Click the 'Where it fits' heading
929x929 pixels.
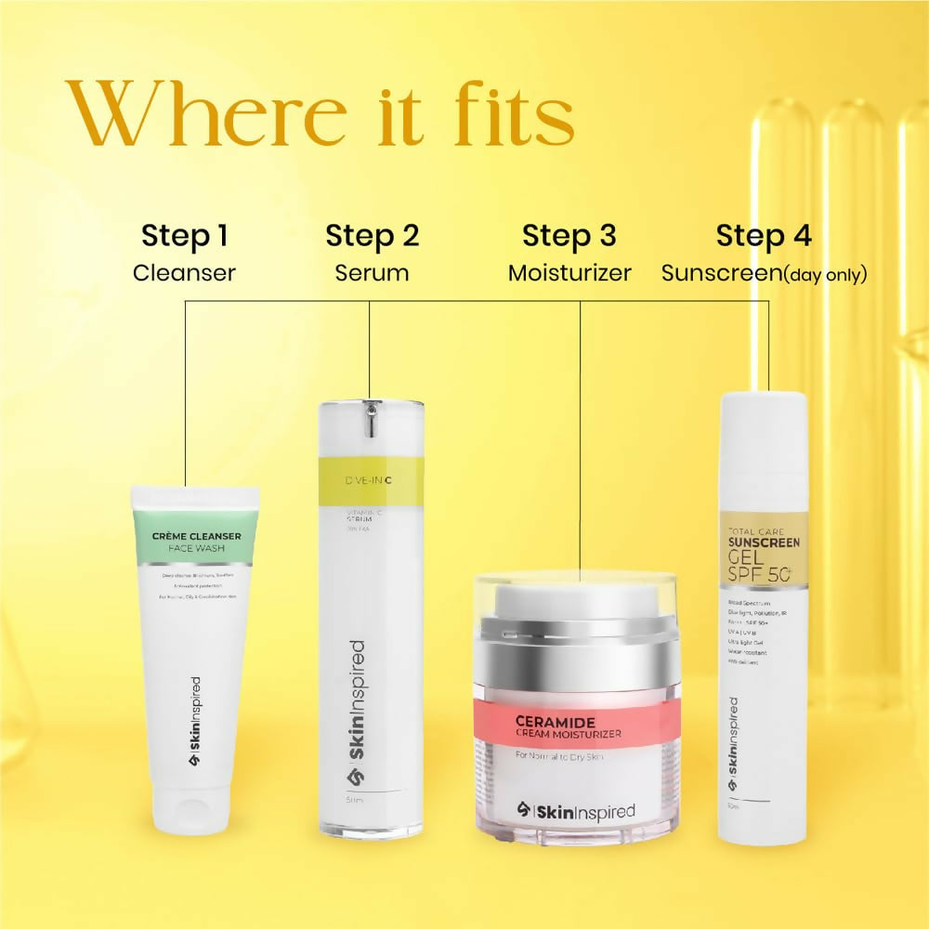(x=319, y=113)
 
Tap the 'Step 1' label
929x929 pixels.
(x=184, y=236)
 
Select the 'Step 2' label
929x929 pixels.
(x=372, y=236)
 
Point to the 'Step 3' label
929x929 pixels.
(x=569, y=236)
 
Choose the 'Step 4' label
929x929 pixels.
(x=764, y=236)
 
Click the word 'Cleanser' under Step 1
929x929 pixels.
(x=184, y=273)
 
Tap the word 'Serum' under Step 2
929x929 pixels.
(x=372, y=273)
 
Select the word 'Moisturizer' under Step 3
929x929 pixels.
(x=569, y=273)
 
